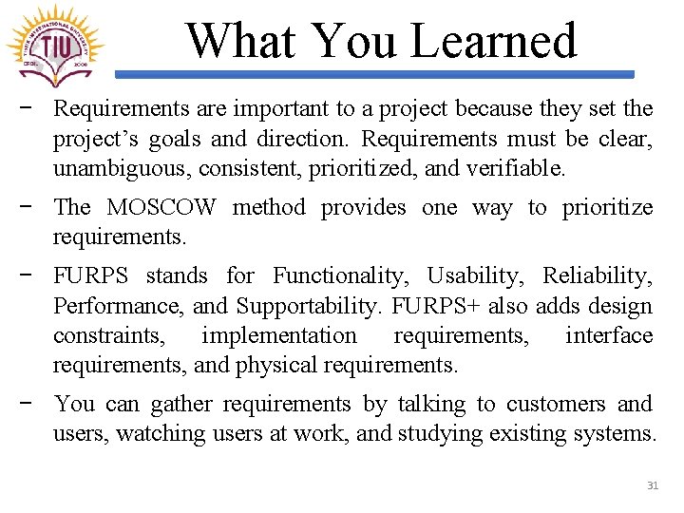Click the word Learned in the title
[493, 41]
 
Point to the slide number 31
[653, 485]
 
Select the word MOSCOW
[161, 207]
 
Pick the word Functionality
[341, 276]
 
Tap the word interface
[609, 335]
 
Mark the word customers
[555, 405]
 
